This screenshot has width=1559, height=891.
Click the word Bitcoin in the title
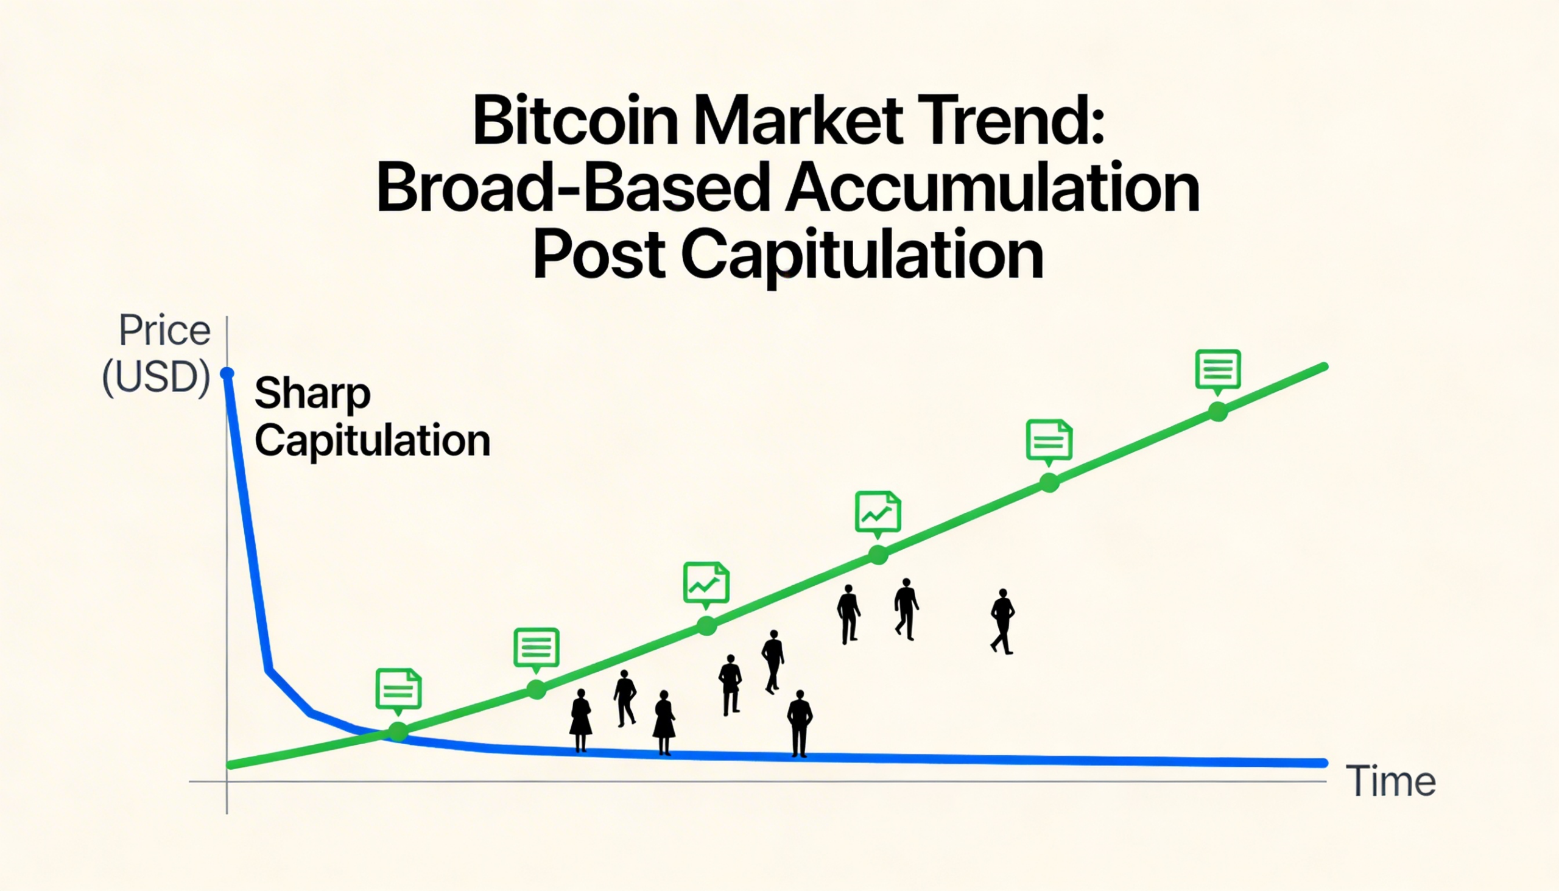point(575,120)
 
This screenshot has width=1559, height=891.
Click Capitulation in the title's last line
point(863,257)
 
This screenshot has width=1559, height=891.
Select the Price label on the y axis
point(164,331)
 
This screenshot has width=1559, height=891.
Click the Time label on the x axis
point(1391,781)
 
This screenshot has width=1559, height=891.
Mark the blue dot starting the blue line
point(227,373)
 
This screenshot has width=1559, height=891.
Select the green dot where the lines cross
point(398,731)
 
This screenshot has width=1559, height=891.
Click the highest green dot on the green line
point(1218,412)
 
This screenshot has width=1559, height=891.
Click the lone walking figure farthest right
point(1002,622)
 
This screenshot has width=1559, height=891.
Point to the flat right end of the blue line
point(1325,763)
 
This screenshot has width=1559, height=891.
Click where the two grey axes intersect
point(227,781)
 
